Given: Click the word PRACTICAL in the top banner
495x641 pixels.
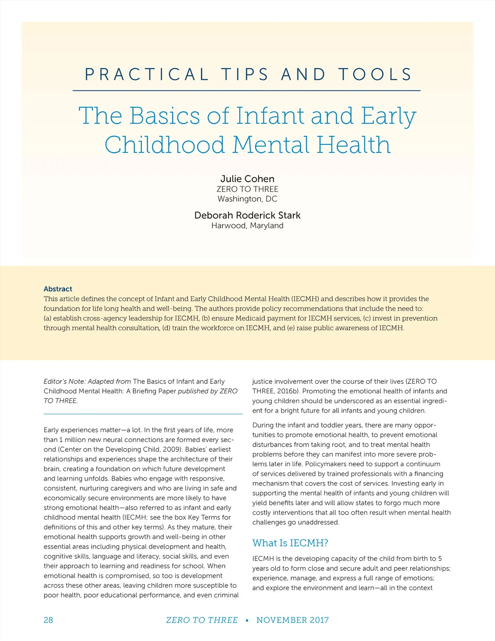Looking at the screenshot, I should [147, 75].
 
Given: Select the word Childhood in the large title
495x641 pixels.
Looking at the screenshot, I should [165, 145].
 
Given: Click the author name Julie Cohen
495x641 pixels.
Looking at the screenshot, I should [247, 179].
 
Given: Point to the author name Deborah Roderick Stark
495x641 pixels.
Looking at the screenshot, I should [247, 215].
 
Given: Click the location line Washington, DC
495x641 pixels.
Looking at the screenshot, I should [247, 199].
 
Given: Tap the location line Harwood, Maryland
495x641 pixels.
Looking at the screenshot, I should [247, 226].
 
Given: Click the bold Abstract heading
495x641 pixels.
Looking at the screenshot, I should [58, 289].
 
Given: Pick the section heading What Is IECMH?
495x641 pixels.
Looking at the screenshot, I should [290, 543].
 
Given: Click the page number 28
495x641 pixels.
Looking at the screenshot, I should [48, 620].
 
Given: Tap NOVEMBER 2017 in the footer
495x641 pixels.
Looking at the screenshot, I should [292, 620].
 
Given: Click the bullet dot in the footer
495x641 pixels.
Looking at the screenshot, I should [247, 620].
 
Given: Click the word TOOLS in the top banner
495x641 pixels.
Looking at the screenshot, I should [375, 75].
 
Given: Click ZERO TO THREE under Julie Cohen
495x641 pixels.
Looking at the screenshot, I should [247, 189].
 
